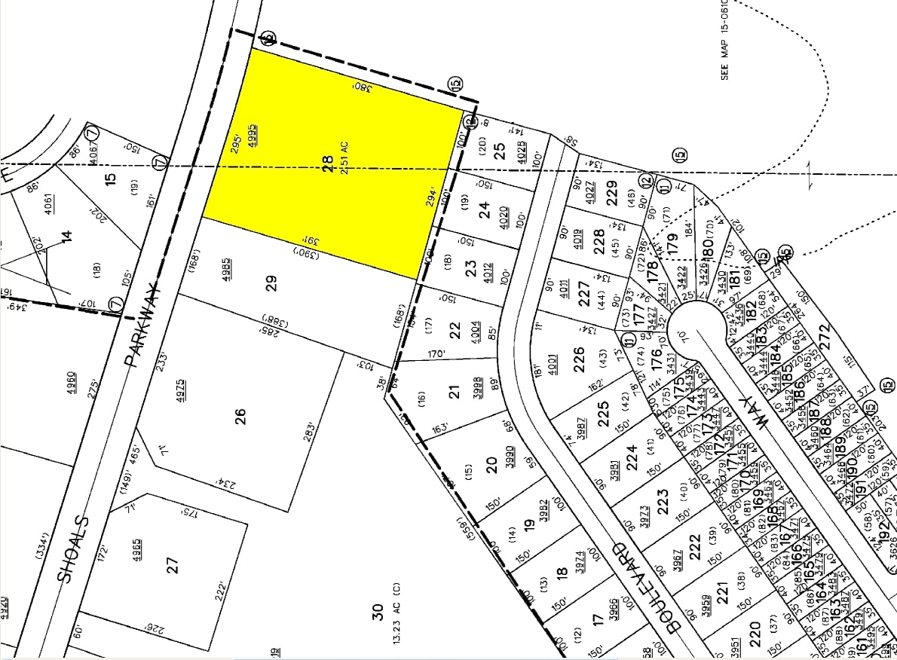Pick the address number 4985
226,269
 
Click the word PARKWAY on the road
144,324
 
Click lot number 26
240,415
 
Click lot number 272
824,334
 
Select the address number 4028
520,145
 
